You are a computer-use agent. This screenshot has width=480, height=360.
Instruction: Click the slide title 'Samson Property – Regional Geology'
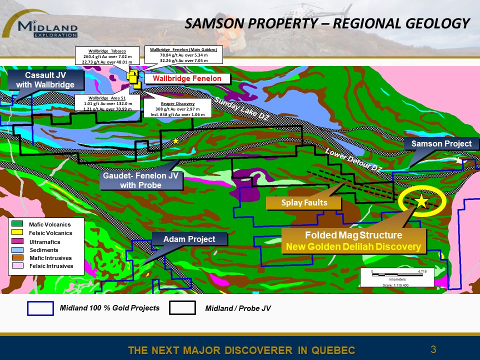tap(327, 23)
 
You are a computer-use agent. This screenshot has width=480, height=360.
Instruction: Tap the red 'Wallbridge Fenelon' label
tap(187, 79)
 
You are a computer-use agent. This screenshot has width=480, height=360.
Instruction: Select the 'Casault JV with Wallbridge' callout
tap(45, 80)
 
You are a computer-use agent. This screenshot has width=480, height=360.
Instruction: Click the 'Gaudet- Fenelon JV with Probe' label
tap(141, 180)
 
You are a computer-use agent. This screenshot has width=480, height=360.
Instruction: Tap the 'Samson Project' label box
tap(441, 144)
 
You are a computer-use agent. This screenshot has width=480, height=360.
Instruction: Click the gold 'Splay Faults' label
tap(304, 202)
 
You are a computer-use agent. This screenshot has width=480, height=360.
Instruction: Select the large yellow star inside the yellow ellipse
tap(421, 201)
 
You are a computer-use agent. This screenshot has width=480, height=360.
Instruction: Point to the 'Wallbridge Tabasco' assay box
tap(107, 56)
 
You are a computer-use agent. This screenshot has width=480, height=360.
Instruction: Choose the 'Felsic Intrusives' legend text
tap(51, 266)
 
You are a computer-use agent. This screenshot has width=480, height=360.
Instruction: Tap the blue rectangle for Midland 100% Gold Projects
tap(40, 308)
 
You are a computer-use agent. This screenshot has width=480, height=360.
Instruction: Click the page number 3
tap(433, 349)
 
